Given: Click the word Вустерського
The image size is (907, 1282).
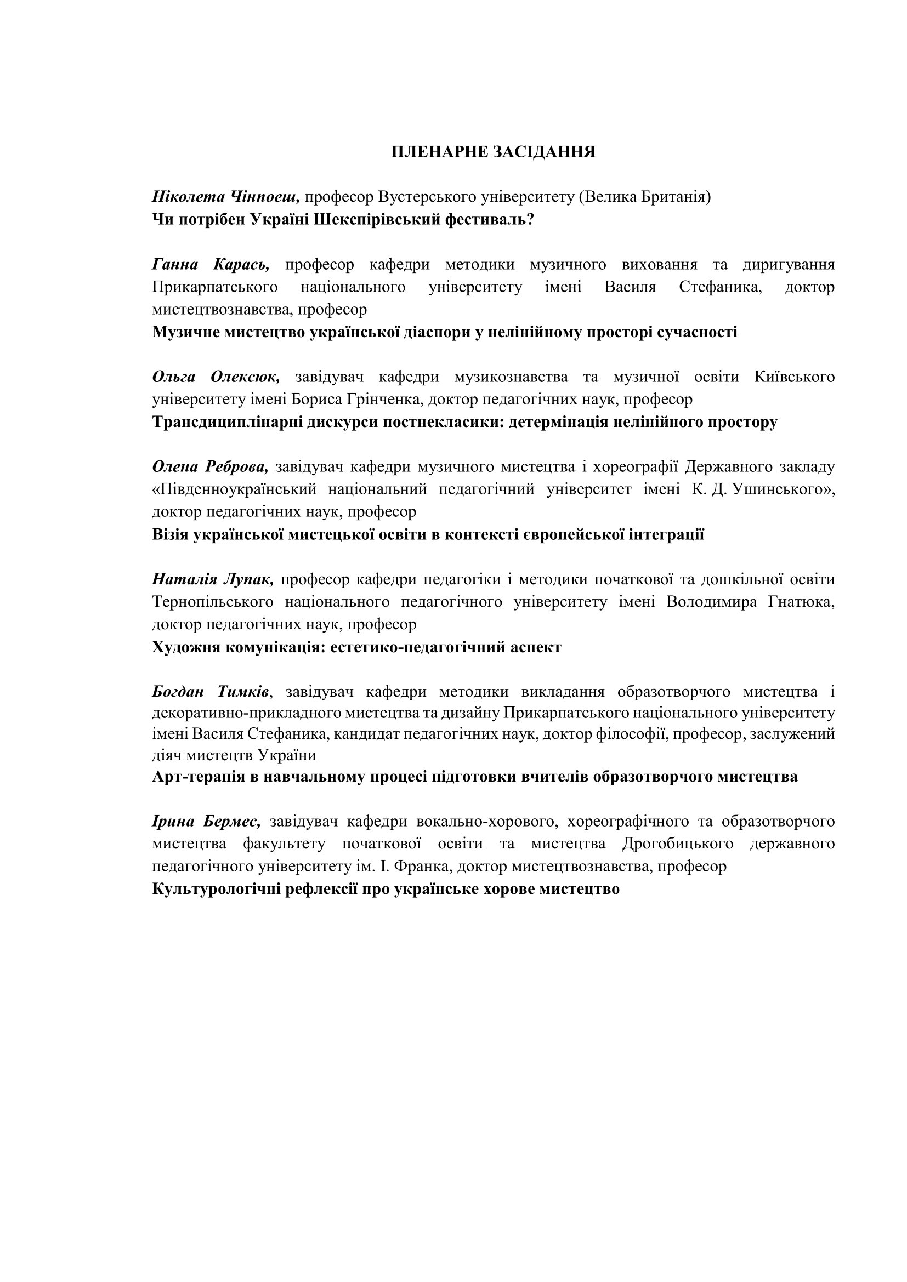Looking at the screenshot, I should point(427,197).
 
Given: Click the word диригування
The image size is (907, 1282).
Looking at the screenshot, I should point(789,264).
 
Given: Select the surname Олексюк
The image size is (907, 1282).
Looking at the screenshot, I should point(245,377).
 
